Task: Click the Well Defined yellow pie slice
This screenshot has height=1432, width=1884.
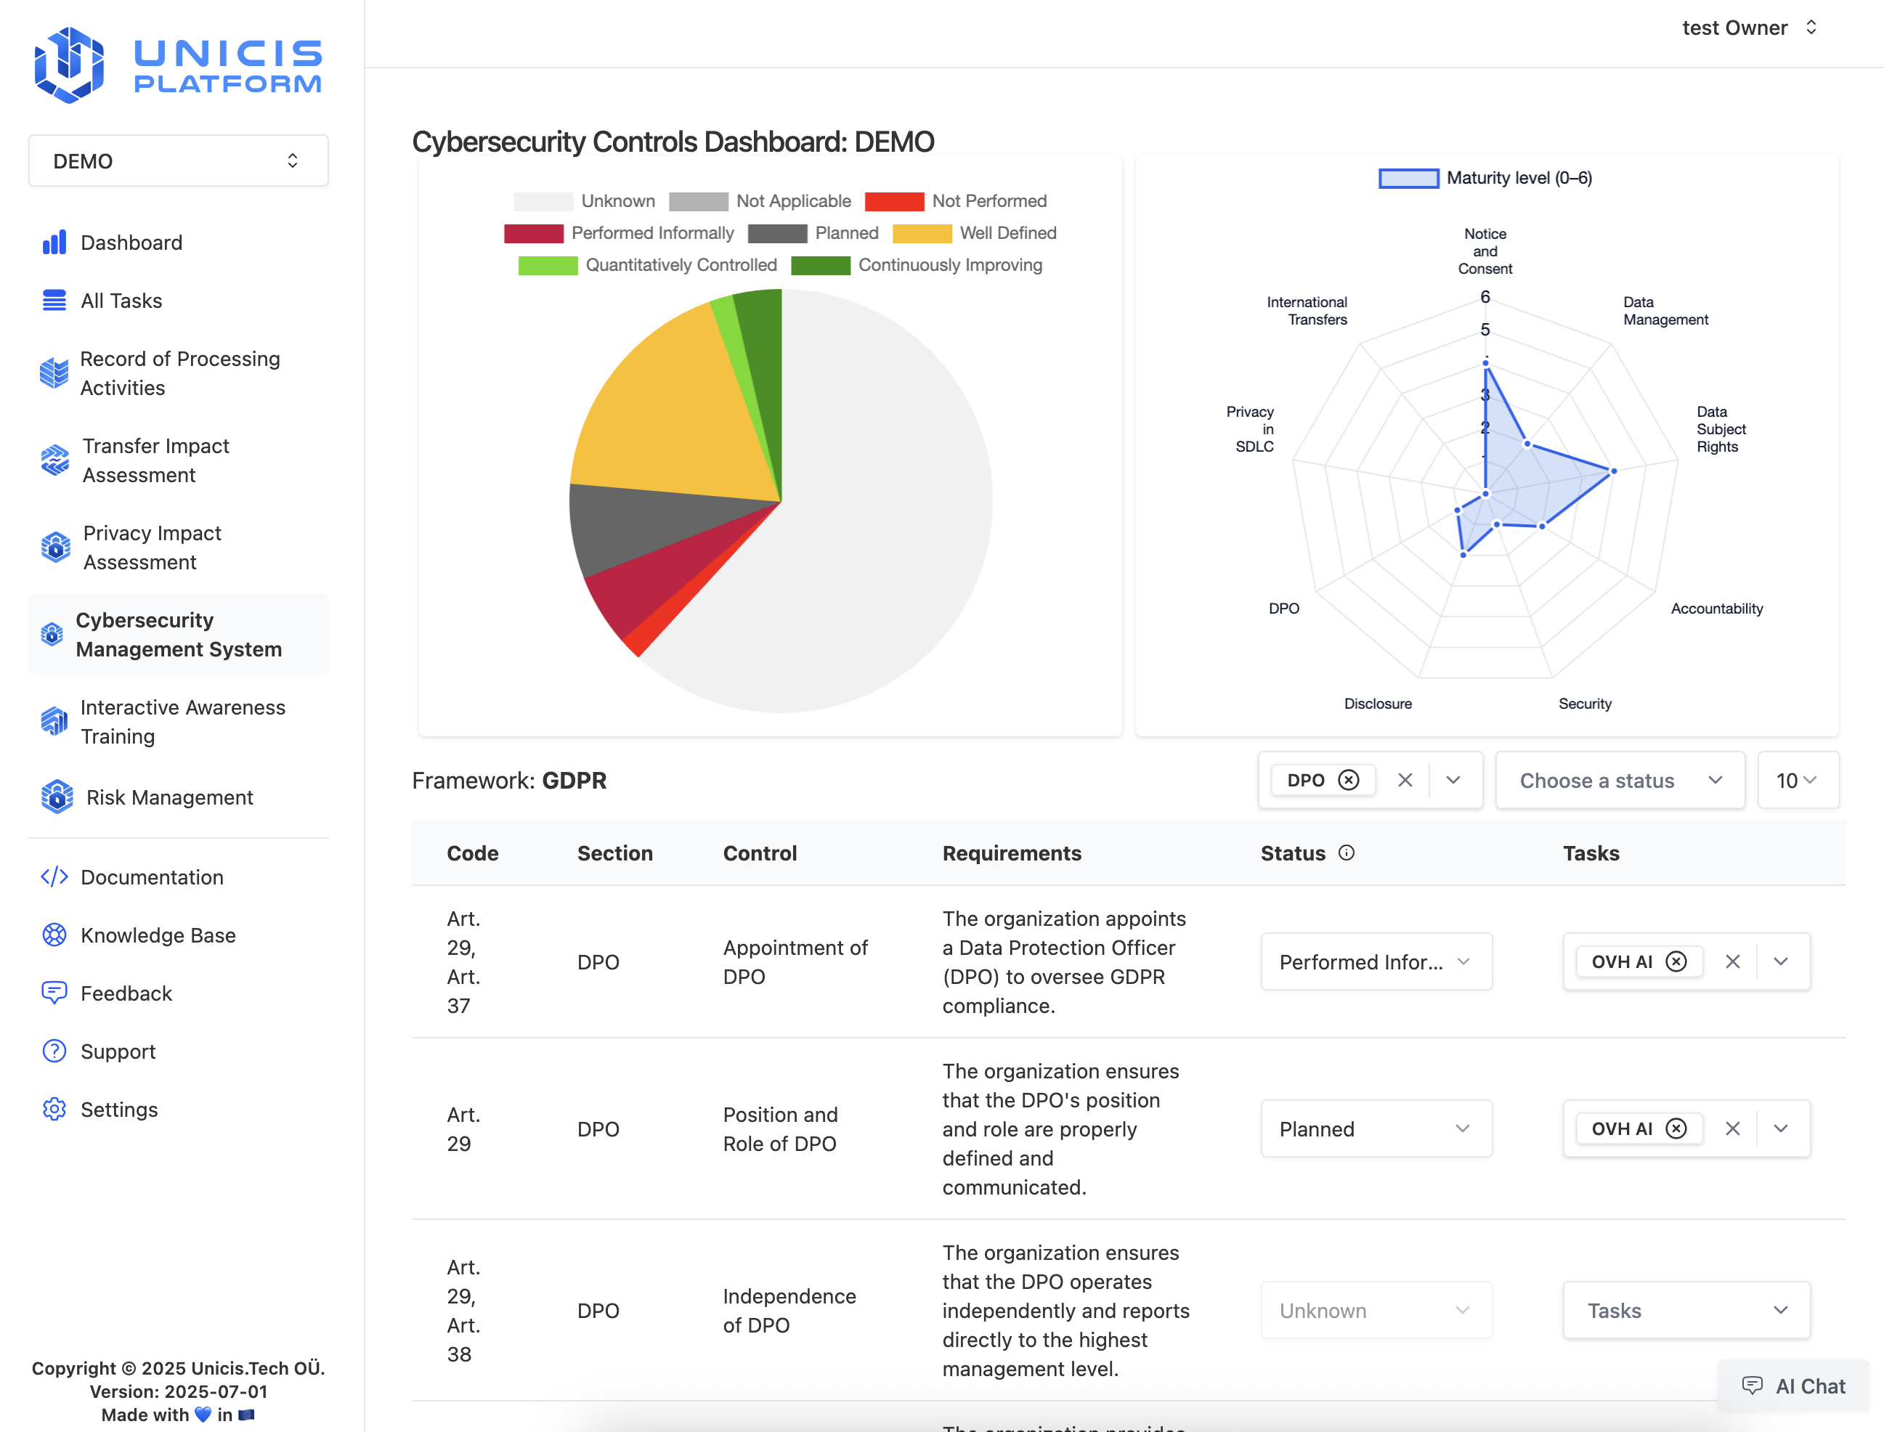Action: tap(673, 409)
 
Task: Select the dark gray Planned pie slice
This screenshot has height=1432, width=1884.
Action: tap(648, 524)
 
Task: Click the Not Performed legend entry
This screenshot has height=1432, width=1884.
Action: tap(956, 201)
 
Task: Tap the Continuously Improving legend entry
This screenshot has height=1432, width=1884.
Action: tap(917, 265)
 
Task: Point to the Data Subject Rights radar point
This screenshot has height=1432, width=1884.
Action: tap(1613, 471)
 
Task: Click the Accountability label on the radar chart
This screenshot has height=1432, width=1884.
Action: tap(1716, 609)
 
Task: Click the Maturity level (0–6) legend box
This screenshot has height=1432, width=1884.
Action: tap(1408, 178)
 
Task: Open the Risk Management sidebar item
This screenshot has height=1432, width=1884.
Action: tap(168, 797)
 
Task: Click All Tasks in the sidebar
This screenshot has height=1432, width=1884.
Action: tap(121, 301)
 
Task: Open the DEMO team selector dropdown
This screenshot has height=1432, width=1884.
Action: tap(178, 161)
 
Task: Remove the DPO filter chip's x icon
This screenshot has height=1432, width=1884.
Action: tap(1348, 780)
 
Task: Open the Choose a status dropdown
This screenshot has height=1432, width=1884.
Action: tap(1619, 780)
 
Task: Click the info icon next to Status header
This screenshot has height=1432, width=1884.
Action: tap(1346, 853)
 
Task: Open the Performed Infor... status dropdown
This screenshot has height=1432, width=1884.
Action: tap(1375, 961)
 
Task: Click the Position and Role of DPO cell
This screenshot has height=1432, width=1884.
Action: tap(780, 1128)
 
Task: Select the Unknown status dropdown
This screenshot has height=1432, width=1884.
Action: tap(1375, 1310)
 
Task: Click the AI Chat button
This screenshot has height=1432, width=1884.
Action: tap(1794, 1386)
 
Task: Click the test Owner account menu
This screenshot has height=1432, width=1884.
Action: tap(1747, 28)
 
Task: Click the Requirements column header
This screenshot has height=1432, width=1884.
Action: tap(1011, 853)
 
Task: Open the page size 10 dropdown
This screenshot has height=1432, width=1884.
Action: tap(1797, 780)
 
